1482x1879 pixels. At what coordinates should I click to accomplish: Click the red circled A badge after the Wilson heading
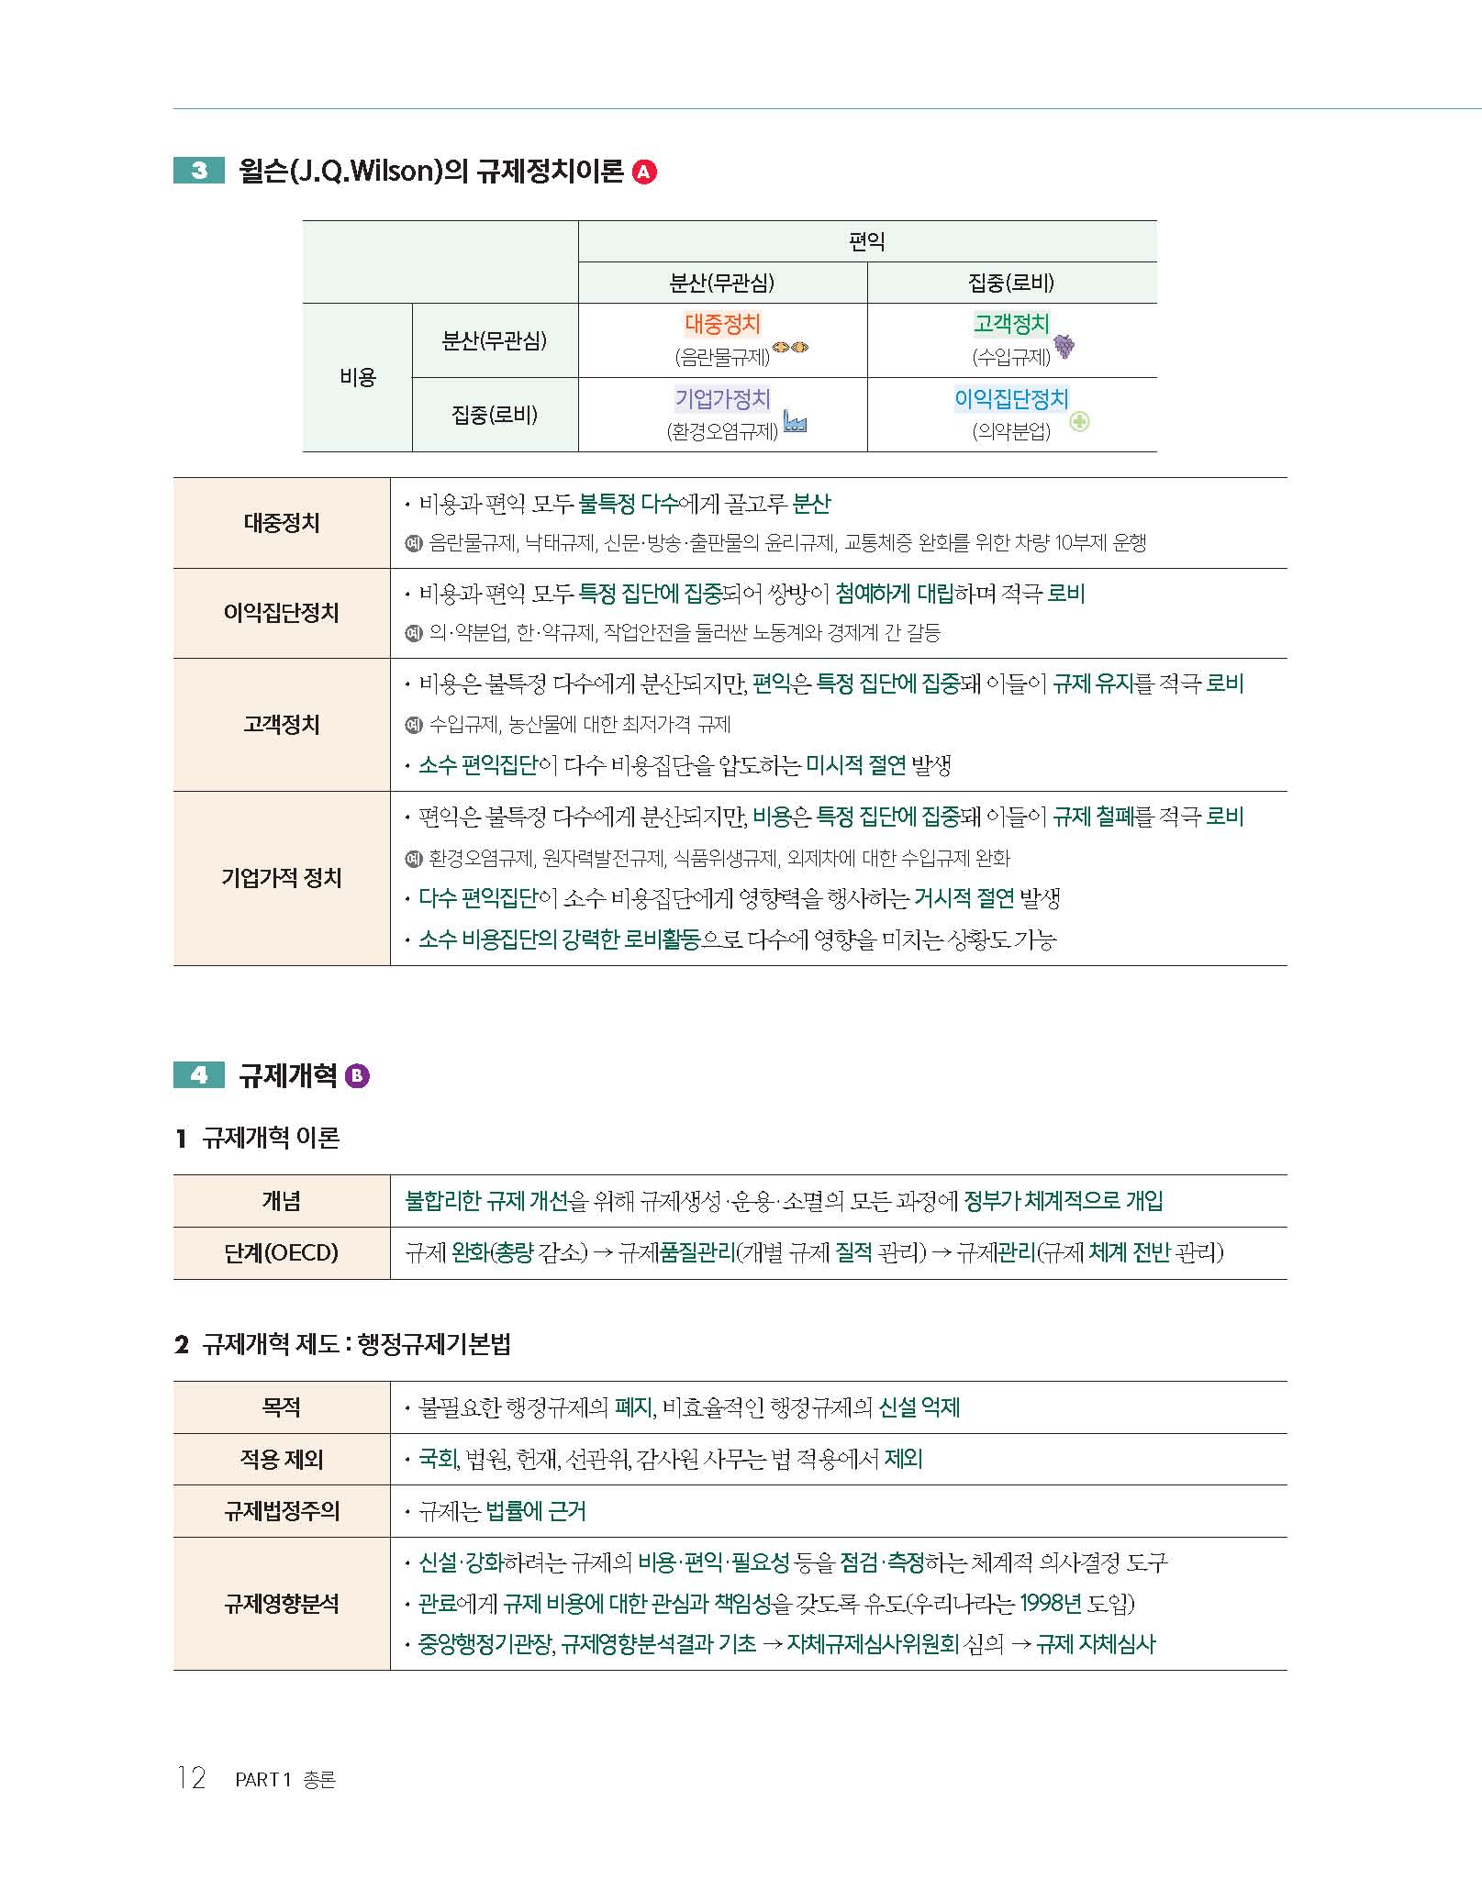pos(645,172)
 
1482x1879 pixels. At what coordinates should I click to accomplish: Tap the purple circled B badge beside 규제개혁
pos(357,1075)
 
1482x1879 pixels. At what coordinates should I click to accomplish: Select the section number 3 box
pos(199,171)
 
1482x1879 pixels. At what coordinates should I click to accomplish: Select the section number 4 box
pos(199,1075)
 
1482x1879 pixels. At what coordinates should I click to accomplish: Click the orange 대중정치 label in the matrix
pos(722,324)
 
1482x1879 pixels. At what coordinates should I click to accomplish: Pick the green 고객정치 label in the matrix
pos(1010,324)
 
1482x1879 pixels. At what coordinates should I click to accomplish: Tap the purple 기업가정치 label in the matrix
pos(722,398)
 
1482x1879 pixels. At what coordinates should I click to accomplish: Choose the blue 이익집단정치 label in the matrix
pos(1011,398)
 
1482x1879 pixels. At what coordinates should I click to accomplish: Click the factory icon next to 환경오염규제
pos(795,423)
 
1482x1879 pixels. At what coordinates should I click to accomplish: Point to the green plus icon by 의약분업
pos(1079,422)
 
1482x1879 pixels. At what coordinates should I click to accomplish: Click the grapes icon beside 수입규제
pos(1064,346)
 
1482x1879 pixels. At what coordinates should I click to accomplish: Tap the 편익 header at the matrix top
pos(866,241)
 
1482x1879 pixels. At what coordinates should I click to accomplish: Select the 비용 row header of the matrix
pos(357,377)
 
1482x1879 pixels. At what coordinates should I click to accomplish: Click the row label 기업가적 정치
pos(281,878)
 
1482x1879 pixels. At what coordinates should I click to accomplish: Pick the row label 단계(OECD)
pos(281,1252)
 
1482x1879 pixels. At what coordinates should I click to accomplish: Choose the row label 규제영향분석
pos(281,1604)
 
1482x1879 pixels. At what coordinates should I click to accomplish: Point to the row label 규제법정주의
pos(281,1511)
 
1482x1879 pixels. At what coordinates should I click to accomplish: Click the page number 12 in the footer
pos(191,1778)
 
